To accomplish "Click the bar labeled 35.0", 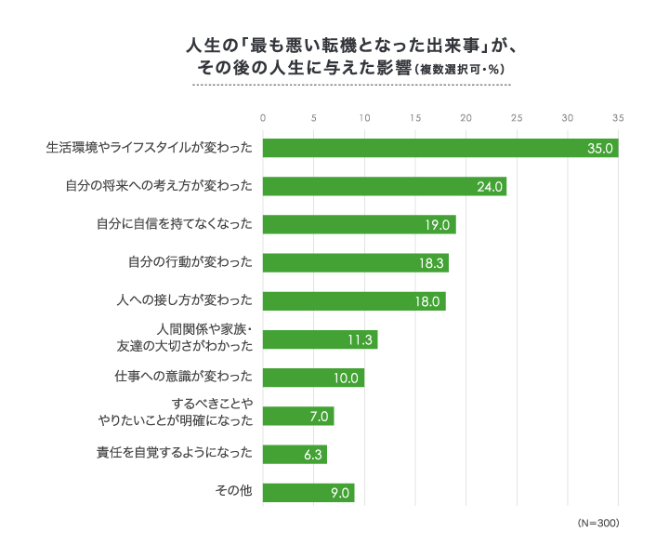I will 440,148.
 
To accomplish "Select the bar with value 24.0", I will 385,186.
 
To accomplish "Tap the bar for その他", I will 308,492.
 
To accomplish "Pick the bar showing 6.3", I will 295,454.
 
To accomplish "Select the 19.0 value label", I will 438,225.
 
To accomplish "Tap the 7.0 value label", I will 319,416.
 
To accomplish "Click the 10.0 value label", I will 347,378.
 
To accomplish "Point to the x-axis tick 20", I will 466,118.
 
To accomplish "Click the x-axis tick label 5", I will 314,118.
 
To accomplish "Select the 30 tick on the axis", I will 567,118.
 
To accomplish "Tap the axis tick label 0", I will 264,118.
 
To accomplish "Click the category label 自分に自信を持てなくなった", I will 175,224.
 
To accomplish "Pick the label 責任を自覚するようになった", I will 175,453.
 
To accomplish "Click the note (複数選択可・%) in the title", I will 459,69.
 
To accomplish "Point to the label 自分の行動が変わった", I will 190,262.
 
